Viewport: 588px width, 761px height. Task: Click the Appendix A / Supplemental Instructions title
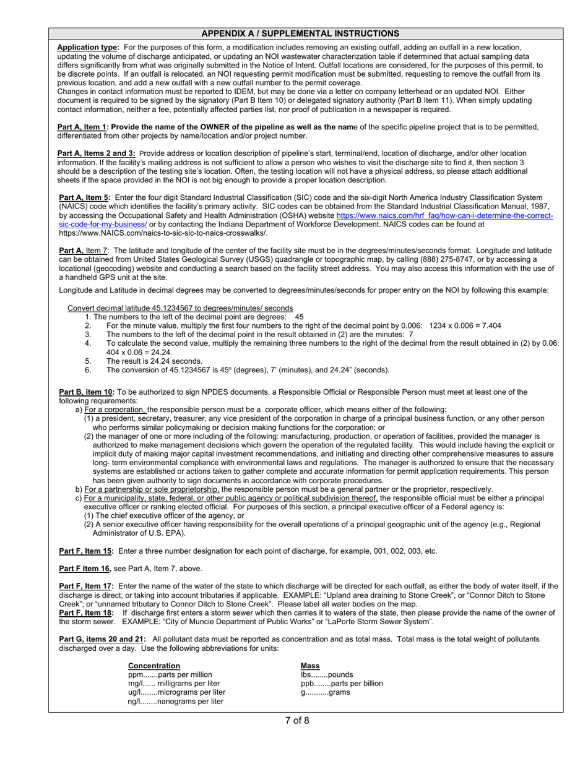[300, 33]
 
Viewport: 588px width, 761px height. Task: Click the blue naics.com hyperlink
[444, 216]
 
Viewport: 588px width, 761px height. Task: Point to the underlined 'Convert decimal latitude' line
[180, 308]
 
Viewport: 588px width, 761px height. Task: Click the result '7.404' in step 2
[490, 325]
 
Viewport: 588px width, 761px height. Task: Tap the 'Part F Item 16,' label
[85, 569]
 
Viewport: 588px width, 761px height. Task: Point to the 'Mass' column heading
[310, 666]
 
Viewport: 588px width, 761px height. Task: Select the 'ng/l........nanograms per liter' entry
[176, 702]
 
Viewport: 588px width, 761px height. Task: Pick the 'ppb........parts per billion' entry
[342, 684]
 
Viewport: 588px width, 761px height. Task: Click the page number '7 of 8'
[297, 720]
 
